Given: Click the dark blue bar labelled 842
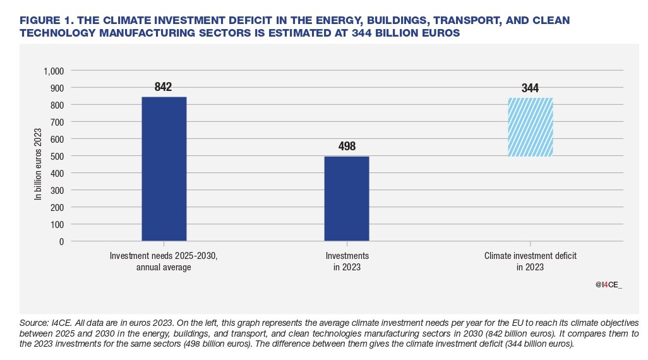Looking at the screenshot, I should [x=164, y=169].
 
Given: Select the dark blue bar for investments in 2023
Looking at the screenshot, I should [x=346, y=198].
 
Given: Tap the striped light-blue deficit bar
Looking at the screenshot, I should [x=531, y=127].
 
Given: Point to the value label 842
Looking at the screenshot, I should [x=164, y=87].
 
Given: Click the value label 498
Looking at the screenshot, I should [x=346, y=147].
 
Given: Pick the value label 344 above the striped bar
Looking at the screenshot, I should [x=531, y=88].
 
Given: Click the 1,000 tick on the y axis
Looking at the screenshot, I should [x=53, y=71].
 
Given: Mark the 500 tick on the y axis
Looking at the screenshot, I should [x=57, y=156].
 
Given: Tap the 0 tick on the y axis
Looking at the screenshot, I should [x=61, y=241].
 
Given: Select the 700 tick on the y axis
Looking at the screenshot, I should [x=57, y=122].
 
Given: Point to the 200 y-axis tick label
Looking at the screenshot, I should [x=57, y=207].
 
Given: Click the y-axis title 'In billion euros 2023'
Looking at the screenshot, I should [x=37, y=165].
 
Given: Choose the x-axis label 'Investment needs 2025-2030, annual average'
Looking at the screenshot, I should [x=164, y=261].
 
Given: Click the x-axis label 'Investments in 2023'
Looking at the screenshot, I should [x=347, y=261].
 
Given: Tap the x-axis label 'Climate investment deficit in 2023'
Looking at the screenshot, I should [x=531, y=261].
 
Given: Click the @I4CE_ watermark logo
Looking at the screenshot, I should [x=609, y=285].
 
